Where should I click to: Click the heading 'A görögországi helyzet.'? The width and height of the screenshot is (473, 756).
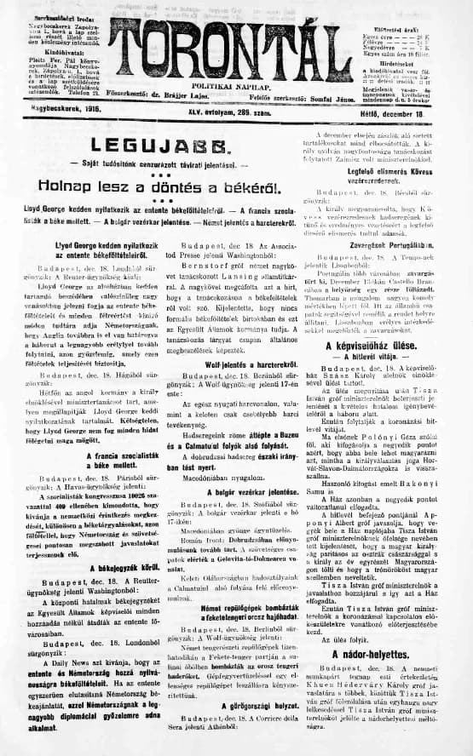click(233, 705)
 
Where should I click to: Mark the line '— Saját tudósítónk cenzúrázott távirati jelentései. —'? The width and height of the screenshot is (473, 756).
click(162, 163)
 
